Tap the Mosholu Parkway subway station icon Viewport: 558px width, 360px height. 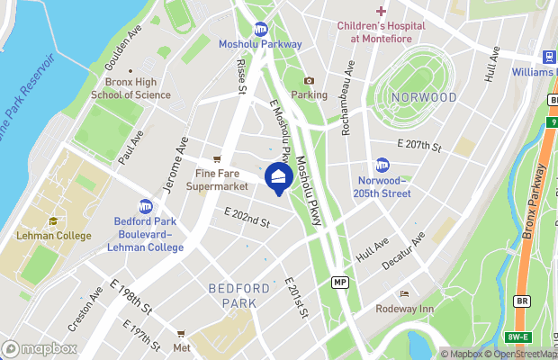(261, 29)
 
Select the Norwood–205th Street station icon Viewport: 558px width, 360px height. (382, 165)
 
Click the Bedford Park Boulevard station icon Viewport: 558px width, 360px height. (145, 207)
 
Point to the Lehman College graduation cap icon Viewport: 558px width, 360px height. (53, 221)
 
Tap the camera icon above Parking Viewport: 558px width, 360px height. (309, 81)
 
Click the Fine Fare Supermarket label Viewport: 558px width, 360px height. (216, 179)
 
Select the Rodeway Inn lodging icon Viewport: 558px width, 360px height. (404, 294)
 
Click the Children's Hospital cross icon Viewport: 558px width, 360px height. (382, 11)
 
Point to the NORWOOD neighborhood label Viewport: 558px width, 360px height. (423, 97)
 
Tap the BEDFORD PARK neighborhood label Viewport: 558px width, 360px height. (238, 295)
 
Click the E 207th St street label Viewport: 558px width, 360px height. (419, 144)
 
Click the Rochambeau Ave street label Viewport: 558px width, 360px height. (346, 98)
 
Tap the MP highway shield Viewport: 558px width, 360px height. (339, 282)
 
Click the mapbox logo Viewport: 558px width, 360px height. (39, 348)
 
